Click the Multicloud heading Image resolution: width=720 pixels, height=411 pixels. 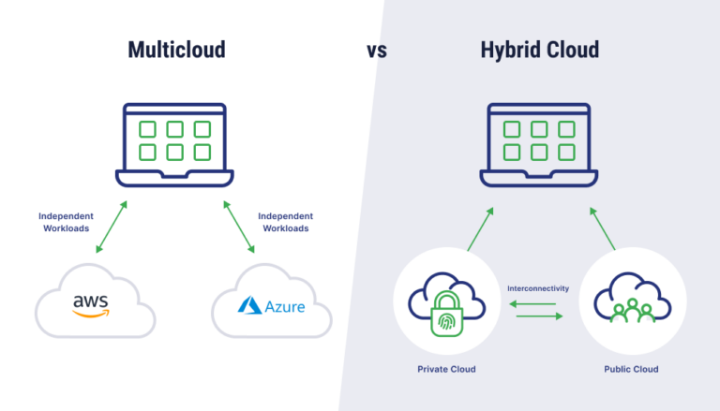tap(176, 51)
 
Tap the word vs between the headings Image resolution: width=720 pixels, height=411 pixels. tap(377, 51)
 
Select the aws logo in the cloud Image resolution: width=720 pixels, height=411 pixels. tap(91, 305)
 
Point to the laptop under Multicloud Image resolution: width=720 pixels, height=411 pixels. tap(175, 144)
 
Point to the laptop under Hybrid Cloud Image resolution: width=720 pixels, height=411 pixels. tap(540, 144)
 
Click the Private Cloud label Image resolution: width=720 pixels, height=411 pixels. tap(446, 370)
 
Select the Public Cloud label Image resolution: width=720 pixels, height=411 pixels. tap(631, 370)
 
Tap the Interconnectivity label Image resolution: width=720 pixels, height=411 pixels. tap(538, 288)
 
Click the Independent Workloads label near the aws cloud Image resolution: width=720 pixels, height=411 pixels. tap(67, 222)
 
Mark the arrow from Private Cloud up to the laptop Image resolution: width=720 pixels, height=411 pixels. tap(480, 228)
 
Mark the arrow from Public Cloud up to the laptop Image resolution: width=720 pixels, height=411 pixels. tap(602, 228)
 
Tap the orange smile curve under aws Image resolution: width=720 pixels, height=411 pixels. tap(91, 314)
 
